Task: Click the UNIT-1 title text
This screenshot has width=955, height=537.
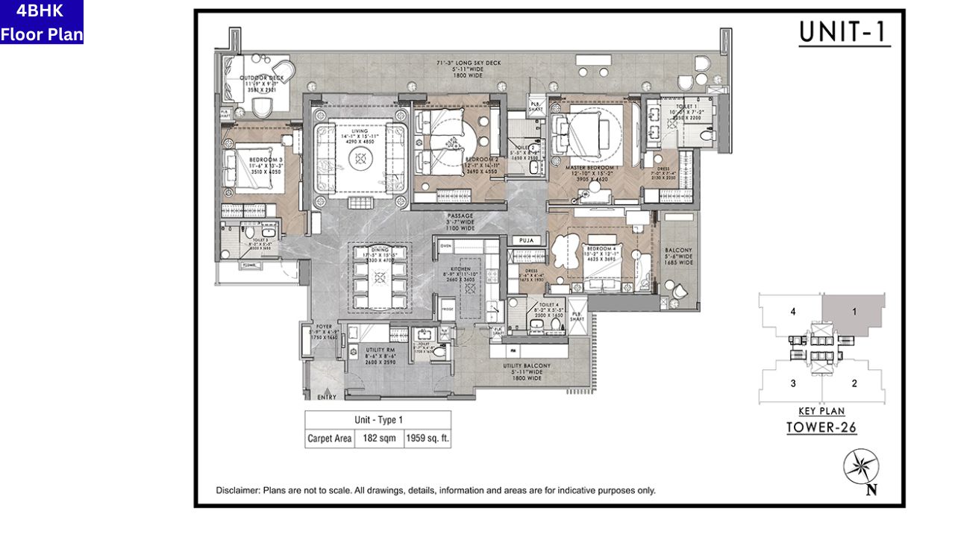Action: coord(845,32)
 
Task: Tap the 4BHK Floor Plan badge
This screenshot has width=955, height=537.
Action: coord(42,22)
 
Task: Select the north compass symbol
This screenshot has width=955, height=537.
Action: coord(861,468)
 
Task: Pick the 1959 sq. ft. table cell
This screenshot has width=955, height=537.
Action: coord(427,439)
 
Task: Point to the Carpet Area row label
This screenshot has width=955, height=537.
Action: coord(329,439)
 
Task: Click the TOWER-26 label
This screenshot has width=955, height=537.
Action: coord(821,427)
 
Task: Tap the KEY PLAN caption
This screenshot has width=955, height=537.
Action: coord(821,412)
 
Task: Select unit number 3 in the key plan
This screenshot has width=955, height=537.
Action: coord(793,383)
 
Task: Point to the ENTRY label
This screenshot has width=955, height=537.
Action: coord(326,398)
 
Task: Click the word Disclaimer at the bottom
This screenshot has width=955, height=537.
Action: coord(238,491)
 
